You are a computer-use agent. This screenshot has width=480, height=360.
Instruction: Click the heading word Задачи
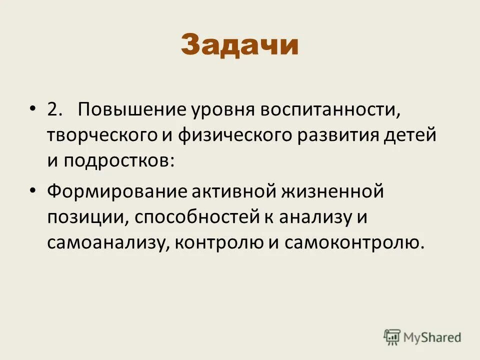(x=239, y=45)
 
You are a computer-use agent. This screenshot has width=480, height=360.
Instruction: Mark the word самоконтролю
(x=354, y=242)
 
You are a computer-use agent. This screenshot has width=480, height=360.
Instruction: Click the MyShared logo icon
(x=391, y=336)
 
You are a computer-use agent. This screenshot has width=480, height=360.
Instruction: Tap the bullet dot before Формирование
(x=33, y=191)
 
